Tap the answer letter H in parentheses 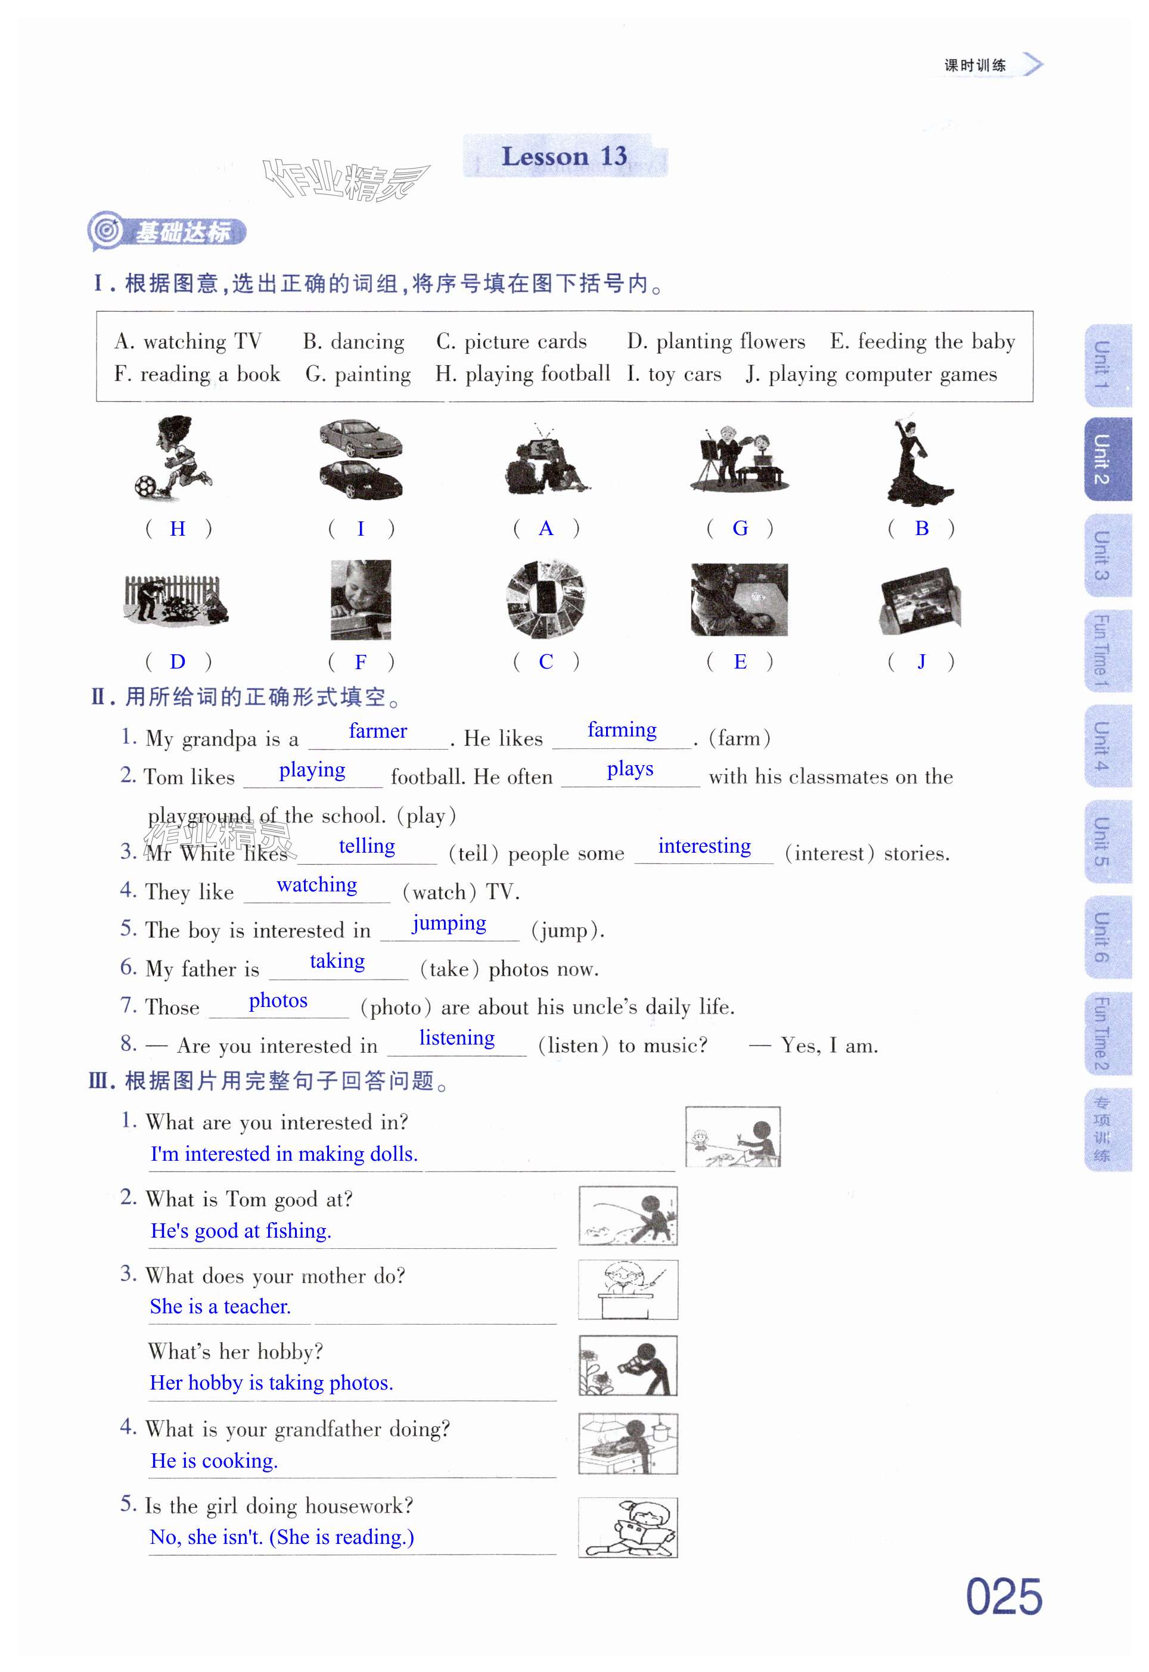pos(177,529)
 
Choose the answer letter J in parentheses pos(921,661)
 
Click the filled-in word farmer pos(378,731)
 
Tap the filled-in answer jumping pos(449,924)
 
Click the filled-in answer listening pos(457,1038)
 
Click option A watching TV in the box pos(188,341)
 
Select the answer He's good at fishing pos(241,1231)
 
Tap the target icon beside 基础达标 pos(107,231)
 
